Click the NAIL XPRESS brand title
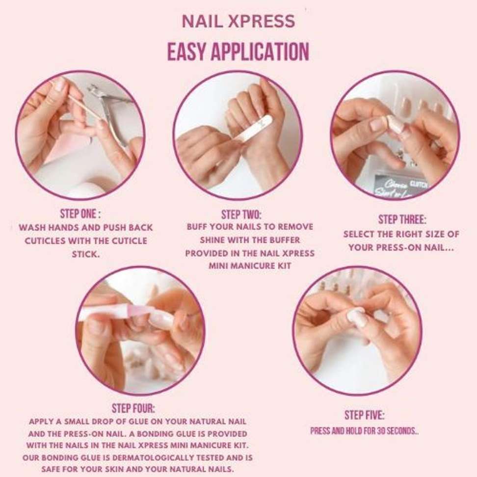(x=238, y=21)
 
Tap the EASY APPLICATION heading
(x=238, y=52)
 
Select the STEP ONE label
(x=80, y=214)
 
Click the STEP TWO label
(x=241, y=215)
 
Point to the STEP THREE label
(x=402, y=220)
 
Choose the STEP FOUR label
(x=133, y=408)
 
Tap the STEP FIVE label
(x=364, y=415)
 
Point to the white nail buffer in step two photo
(x=251, y=129)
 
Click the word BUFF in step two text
(x=197, y=227)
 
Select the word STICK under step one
(x=86, y=254)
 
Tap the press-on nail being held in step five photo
(x=357, y=317)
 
